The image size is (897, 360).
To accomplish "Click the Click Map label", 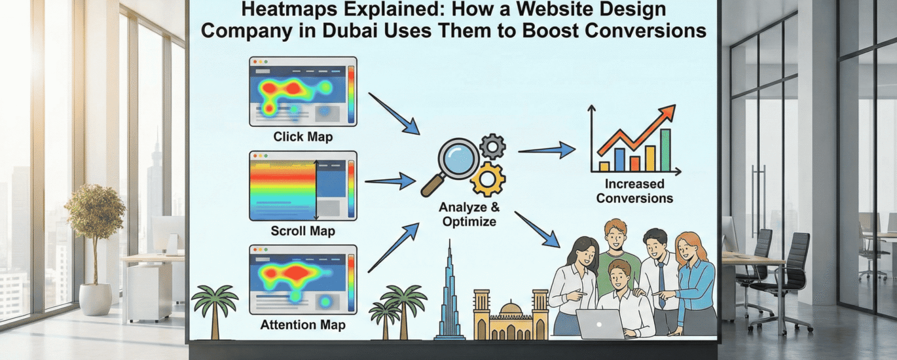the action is (302, 137).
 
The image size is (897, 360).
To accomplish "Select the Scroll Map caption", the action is (302, 230).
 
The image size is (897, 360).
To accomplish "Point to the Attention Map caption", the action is (302, 325).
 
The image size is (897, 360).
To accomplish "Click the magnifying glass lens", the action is (459, 159).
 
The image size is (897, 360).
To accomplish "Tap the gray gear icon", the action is (492, 147).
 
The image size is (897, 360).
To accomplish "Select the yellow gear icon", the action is (488, 179).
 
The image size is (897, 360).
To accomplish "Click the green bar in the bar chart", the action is (665, 150).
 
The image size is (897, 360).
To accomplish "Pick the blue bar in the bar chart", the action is (619, 160).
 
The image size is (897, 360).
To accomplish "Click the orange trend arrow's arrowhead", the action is (668, 113).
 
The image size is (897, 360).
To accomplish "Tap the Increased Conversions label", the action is (634, 191).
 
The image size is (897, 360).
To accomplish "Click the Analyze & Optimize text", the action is (469, 214).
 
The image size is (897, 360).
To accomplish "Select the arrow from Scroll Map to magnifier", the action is (390, 181).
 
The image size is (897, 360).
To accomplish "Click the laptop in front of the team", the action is (600, 324).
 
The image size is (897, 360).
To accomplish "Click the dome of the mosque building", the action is (511, 309).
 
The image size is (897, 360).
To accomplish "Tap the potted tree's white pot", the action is (96, 299).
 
